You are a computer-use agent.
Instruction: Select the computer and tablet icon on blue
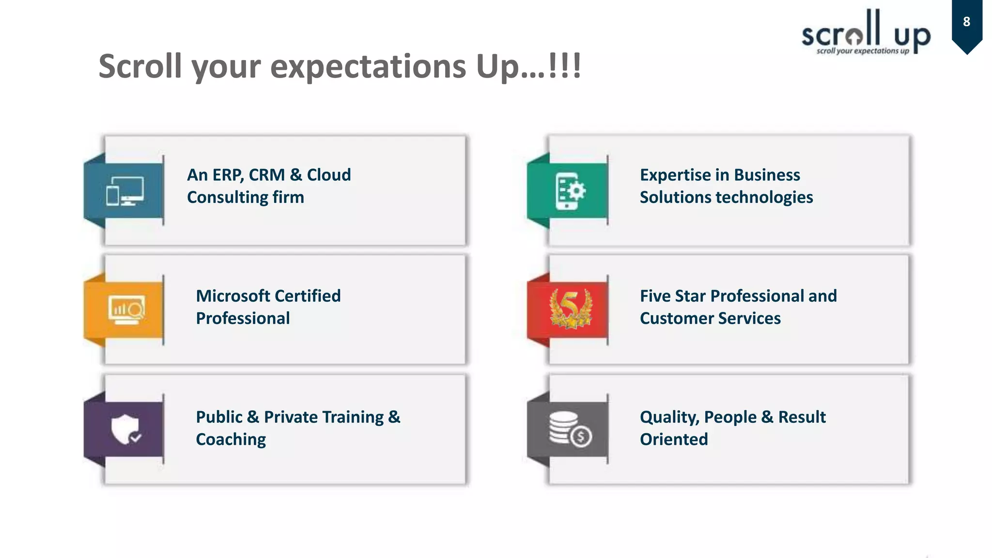pos(125,191)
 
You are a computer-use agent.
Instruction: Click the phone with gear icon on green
pos(570,191)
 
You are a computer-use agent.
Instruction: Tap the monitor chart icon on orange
pos(126,310)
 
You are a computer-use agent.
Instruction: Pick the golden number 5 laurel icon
pos(571,309)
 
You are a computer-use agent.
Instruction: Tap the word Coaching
pos(231,440)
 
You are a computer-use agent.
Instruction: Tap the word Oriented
pos(674,440)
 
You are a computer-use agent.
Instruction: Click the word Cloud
pos(329,175)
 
